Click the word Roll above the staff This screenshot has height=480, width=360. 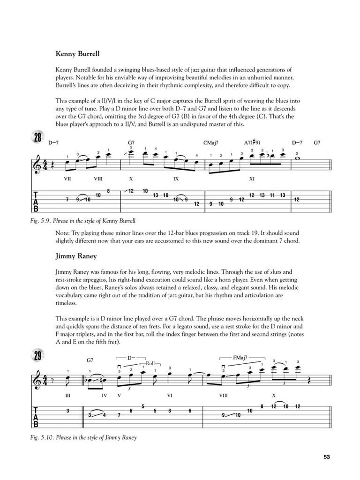[x=150, y=363]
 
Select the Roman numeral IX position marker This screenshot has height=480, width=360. [x=176, y=179]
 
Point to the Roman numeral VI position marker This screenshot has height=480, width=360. [x=170, y=395]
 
